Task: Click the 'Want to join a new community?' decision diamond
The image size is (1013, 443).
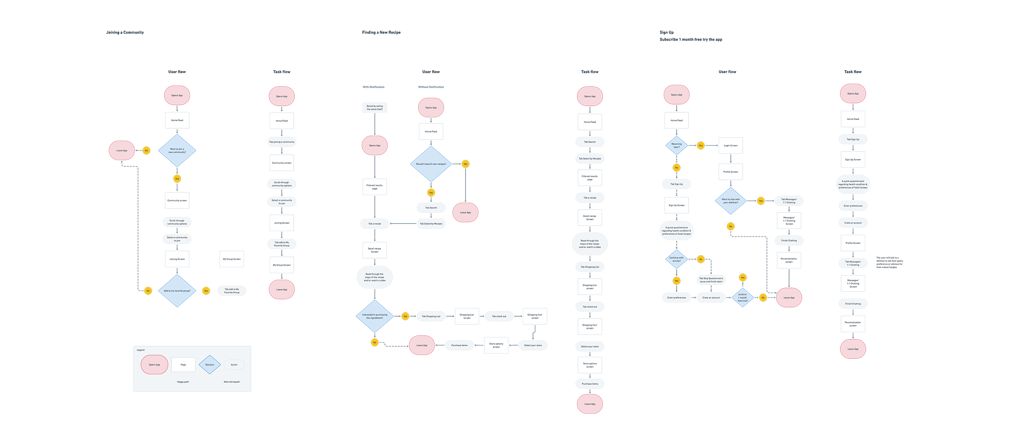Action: coord(177,151)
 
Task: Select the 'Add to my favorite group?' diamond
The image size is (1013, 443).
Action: coord(177,291)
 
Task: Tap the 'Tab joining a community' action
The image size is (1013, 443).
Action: coord(281,142)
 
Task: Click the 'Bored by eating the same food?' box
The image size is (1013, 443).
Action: coord(374,108)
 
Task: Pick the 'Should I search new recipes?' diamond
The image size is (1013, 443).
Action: coord(431,164)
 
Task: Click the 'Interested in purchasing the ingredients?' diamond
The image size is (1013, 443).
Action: coord(374,317)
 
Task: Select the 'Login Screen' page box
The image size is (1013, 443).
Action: coord(730,146)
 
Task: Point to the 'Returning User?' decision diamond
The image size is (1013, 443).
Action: coord(676,146)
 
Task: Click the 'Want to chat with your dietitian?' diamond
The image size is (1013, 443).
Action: coord(730,201)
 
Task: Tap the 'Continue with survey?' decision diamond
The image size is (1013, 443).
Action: coord(676,259)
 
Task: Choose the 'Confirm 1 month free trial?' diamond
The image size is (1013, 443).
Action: coord(742,298)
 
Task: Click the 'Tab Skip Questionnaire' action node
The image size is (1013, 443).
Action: coord(711,280)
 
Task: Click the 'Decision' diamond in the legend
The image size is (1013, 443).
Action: coord(210,365)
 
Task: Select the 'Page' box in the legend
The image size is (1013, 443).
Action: coord(183,365)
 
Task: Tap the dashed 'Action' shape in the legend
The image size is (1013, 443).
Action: coord(234,365)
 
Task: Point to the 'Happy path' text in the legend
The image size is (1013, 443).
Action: coord(183,382)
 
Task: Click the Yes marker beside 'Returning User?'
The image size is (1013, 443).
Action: coord(701,146)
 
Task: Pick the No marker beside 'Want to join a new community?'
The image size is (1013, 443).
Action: coord(146,151)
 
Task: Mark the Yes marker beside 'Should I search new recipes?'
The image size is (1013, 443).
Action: coord(465,164)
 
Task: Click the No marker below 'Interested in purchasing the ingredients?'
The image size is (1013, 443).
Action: coord(374,343)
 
